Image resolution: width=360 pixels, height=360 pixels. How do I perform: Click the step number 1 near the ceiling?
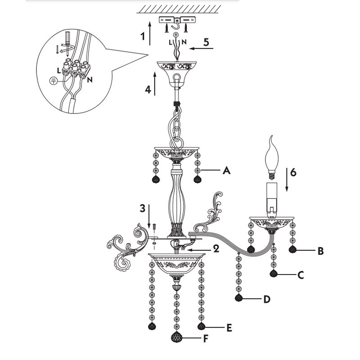[x=143, y=36]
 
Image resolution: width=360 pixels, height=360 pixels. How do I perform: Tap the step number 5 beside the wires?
[x=206, y=42]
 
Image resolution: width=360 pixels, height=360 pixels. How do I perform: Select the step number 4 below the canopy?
[x=148, y=89]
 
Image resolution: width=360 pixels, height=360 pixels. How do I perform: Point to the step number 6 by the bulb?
[x=293, y=172]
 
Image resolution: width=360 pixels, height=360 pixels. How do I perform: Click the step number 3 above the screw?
[x=143, y=208]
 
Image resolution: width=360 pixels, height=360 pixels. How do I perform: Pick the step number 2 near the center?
[x=216, y=249]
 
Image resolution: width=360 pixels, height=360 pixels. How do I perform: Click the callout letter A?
[x=227, y=171]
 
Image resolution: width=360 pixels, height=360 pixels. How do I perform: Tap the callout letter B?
[x=321, y=251]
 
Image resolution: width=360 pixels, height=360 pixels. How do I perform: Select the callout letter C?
[x=301, y=275]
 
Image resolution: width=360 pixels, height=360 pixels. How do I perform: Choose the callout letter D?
[x=267, y=299]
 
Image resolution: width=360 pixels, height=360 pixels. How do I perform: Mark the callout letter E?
[x=229, y=328]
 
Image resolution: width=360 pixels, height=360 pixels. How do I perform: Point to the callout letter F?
[x=206, y=338]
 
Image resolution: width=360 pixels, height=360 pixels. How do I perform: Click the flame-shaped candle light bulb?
[x=272, y=158]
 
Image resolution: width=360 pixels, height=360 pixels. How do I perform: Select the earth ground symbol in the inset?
[x=53, y=81]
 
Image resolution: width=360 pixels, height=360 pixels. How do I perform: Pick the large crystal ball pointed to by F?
[x=176, y=337]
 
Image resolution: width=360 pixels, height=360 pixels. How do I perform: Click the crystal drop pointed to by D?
[x=239, y=298]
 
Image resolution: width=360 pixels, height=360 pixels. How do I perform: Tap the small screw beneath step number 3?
[x=154, y=227]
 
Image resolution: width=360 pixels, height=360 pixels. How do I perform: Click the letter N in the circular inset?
[x=90, y=80]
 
